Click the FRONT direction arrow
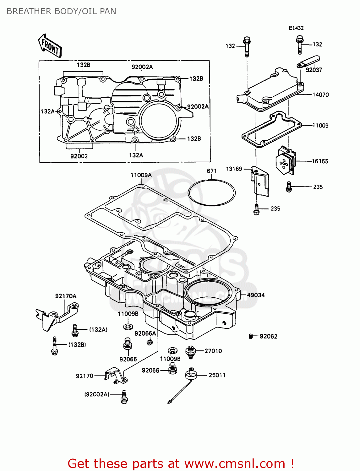50,46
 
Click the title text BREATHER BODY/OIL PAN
61,11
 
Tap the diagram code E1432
296,28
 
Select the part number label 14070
320,95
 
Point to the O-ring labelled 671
211,192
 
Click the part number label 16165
320,161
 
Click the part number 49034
256,295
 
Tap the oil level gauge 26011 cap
191,374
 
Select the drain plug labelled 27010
190,351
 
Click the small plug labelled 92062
251,336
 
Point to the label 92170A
66,296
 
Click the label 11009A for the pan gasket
141,175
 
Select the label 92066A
145,333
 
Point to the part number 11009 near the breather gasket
320,126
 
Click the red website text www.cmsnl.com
234,463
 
